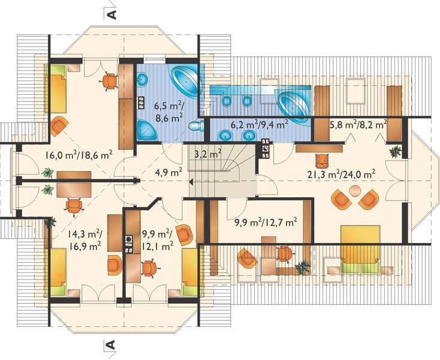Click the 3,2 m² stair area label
pyautogui.click(x=207, y=154)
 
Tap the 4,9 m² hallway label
pyautogui.click(x=168, y=172)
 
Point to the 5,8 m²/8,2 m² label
pyautogui.click(x=358, y=124)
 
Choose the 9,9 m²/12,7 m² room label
pyautogui.click(x=266, y=223)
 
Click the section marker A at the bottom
pyautogui.click(x=111, y=344)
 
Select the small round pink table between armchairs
pyautogui.click(x=355, y=191)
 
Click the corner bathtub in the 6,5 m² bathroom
pyautogui.click(x=187, y=79)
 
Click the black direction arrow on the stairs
pyautogui.click(x=191, y=182)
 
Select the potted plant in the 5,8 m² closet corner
pyautogui.click(x=396, y=152)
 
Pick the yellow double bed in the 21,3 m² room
pyautogui.click(x=360, y=249)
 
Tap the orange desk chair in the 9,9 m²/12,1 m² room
pyautogui.click(x=150, y=268)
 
